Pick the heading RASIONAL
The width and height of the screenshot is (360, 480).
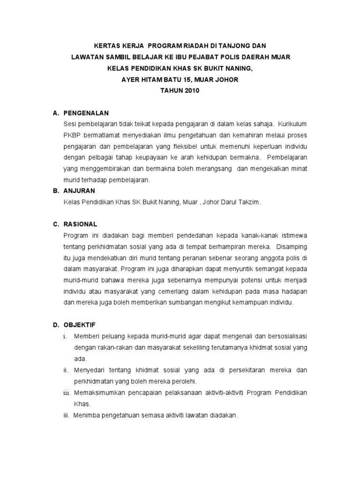coord(81,224)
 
